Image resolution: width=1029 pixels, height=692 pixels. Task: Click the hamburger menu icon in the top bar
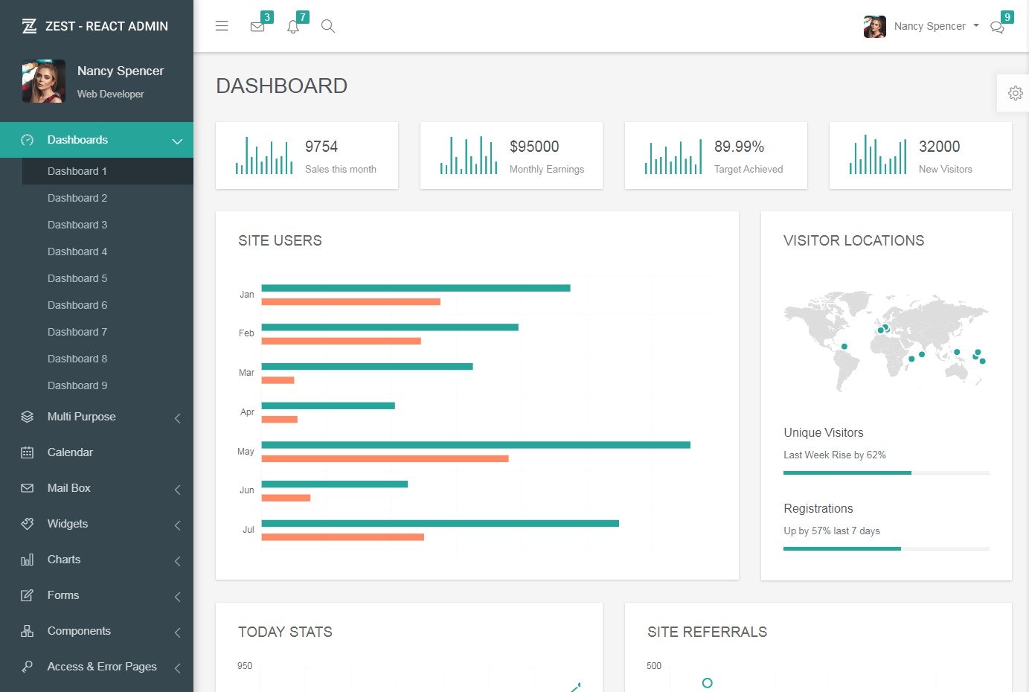tap(222, 26)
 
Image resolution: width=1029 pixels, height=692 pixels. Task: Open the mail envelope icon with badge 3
tap(257, 27)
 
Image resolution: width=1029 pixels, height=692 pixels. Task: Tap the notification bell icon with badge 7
tap(293, 27)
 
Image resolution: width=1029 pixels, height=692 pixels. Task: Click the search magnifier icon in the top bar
tap(327, 26)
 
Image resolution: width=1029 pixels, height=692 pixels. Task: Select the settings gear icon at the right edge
tap(1015, 93)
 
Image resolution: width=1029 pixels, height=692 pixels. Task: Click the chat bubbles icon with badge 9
tap(997, 28)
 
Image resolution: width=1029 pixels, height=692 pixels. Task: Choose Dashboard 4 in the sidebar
tap(77, 252)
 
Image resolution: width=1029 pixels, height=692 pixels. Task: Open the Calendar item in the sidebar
tap(70, 452)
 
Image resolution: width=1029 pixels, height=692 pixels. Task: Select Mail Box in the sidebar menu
tap(69, 488)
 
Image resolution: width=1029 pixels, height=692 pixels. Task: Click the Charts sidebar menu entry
tap(64, 560)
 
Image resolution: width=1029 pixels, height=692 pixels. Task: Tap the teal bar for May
tap(475, 445)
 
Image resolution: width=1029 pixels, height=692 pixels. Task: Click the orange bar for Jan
tap(350, 301)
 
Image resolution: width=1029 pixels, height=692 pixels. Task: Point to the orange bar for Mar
tap(278, 380)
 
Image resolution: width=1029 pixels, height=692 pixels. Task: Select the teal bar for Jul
tap(440, 523)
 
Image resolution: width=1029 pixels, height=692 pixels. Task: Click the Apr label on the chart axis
tap(247, 412)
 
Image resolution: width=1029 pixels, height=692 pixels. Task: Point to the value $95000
tap(534, 147)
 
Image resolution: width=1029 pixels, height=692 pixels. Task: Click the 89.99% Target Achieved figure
tap(739, 147)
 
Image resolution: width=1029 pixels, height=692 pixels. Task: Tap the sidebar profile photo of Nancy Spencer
tap(44, 81)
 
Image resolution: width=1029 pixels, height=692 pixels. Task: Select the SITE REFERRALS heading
tap(707, 632)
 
